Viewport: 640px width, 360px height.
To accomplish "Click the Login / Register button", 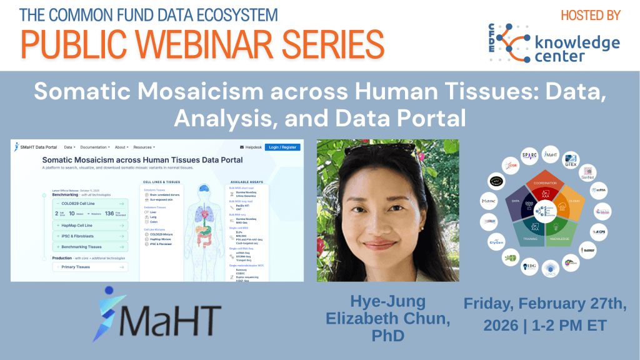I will pos(282,147).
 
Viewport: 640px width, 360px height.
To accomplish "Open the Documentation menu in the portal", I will pos(96,147).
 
